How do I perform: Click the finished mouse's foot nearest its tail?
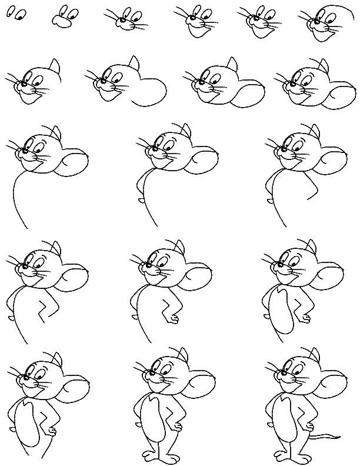(x=305, y=455)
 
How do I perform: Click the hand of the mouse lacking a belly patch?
(x=172, y=318)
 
